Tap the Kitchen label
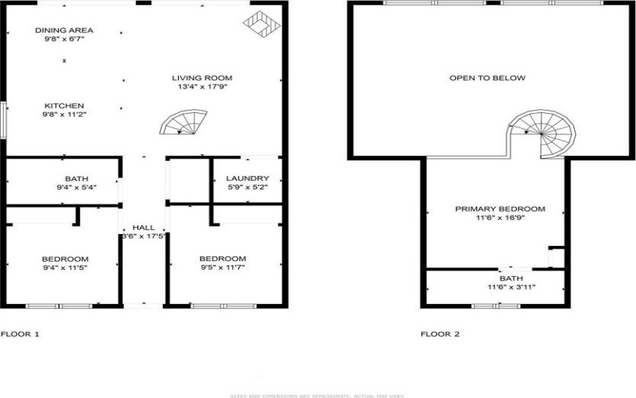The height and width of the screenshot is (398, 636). pyautogui.click(x=64, y=106)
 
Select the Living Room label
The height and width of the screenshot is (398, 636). pyautogui.click(x=202, y=77)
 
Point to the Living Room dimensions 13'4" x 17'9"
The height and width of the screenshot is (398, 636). pyautogui.click(x=202, y=87)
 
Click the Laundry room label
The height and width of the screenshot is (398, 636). pyautogui.click(x=247, y=178)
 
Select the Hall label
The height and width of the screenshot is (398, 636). pyautogui.click(x=143, y=227)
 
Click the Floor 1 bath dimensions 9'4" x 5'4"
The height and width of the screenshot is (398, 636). pyautogui.click(x=76, y=187)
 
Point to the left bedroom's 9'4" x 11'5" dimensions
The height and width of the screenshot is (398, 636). pyautogui.click(x=64, y=268)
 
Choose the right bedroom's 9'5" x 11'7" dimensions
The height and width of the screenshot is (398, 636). pyautogui.click(x=222, y=268)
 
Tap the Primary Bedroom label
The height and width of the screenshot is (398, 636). pyautogui.click(x=500, y=209)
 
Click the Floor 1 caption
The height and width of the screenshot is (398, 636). pyautogui.click(x=20, y=334)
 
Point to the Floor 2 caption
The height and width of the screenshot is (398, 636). pyautogui.click(x=440, y=334)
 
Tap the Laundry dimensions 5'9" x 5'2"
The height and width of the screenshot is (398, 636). pyautogui.click(x=247, y=187)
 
